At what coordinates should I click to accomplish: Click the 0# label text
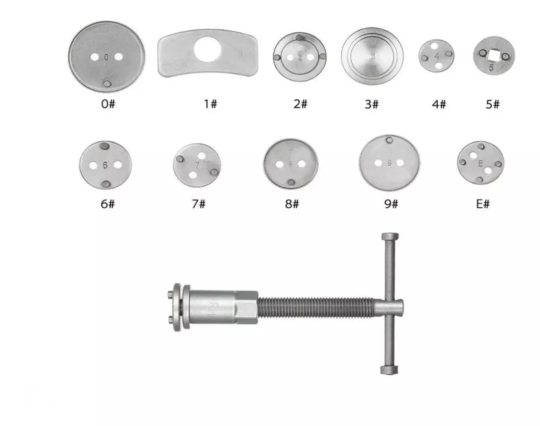[x=108, y=103]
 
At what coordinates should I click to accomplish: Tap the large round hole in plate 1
[x=208, y=49]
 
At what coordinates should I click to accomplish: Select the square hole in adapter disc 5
[x=493, y=55]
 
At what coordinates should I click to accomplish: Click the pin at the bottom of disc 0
[x=107, y=84]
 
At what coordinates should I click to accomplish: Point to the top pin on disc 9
[x=390, y=140]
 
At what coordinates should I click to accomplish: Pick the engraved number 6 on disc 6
[x=105, y=165]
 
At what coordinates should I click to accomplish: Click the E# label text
[x=483, y=204]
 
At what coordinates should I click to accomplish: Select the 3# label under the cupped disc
[x=372, y=104]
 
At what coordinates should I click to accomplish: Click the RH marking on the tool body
[x=209, y=307]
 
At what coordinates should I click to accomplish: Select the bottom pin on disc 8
[x=291, y=182]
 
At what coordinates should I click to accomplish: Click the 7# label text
[x=198, y=204]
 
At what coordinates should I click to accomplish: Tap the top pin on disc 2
[x=299, y=37]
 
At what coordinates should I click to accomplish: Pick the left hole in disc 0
[x=95, y=57]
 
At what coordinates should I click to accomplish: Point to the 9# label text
[x=391, y=204]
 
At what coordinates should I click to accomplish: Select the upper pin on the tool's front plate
[x=171, y=294]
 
